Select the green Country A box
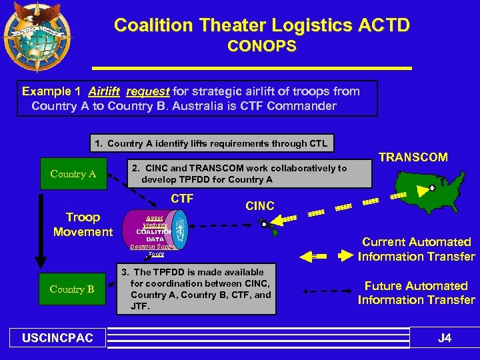point(73,175)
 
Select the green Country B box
point(72,289)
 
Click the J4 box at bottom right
point(444,338)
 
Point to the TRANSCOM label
point(413,157)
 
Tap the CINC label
point(260,206)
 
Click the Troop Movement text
point(83,225)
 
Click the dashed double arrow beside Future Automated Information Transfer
point(325,291)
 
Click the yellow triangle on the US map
point(420,191)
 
